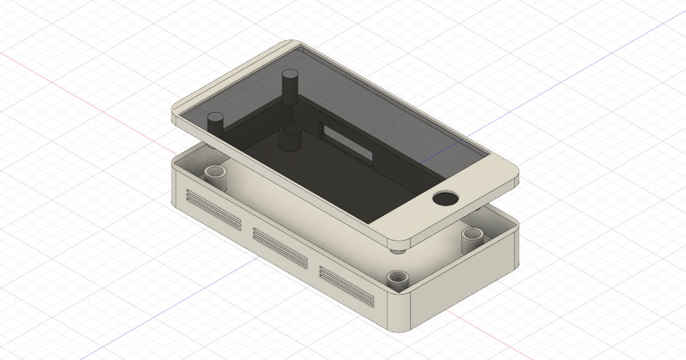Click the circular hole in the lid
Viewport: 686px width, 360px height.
coord(445,199)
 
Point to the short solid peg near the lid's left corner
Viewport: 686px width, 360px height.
coord(216,123)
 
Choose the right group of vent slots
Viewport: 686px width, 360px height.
coord(347,285)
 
